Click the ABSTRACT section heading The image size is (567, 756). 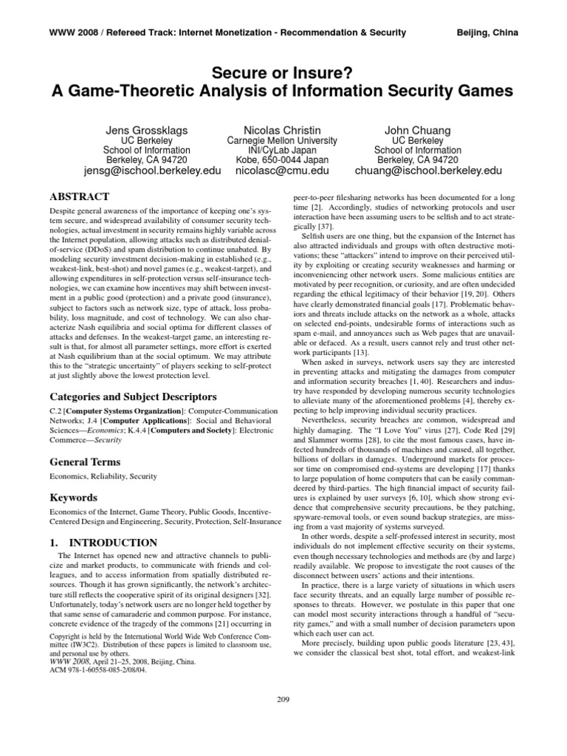click(79, 196)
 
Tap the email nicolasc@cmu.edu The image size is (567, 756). click(281, 171)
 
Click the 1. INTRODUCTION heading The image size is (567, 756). click(103, 543)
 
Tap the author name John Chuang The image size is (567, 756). click(418, 131)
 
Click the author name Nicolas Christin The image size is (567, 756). click(281, 131)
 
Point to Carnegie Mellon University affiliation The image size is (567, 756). click(281, 140)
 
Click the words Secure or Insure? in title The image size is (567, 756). click(283, 72)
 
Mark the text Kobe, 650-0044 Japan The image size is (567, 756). click(281, 159)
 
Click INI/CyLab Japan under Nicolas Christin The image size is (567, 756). click(281, 150)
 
